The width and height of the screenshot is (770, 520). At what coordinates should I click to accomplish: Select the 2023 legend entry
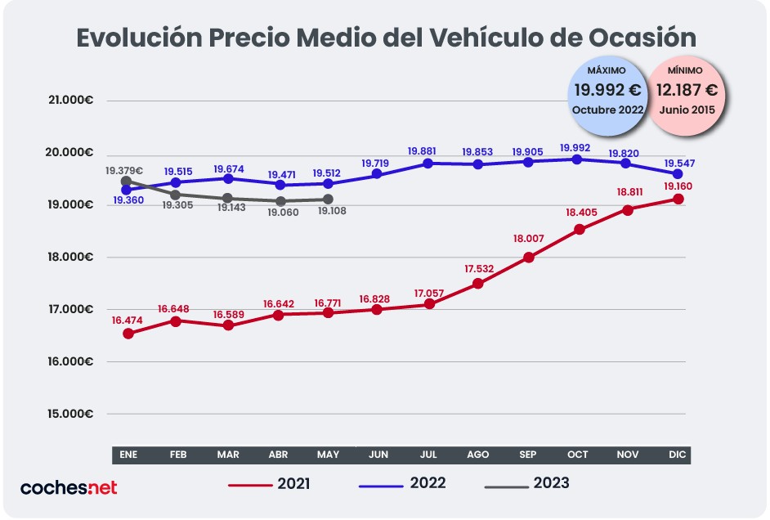click(x=526, y=484)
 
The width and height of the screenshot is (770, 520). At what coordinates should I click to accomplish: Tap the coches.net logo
click(x=69, y=487)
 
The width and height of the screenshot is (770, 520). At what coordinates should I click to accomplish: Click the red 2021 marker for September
click(x=528, y=257)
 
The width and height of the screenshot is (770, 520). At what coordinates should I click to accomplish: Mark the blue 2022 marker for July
click(x=428, y=163)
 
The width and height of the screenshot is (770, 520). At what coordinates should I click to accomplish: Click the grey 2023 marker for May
click(x=328, y=199)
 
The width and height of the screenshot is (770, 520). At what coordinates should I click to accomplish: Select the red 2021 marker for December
click(x=678, y=199)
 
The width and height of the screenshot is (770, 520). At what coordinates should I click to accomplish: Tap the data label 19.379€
click(x=124, y=171)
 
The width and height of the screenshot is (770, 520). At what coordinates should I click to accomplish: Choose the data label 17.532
click(x=478, y=267)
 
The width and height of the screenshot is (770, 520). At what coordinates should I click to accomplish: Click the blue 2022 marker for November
click(x=628, y=163)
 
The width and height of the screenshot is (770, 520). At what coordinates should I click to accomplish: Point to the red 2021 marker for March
click(x=228, y=325)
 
